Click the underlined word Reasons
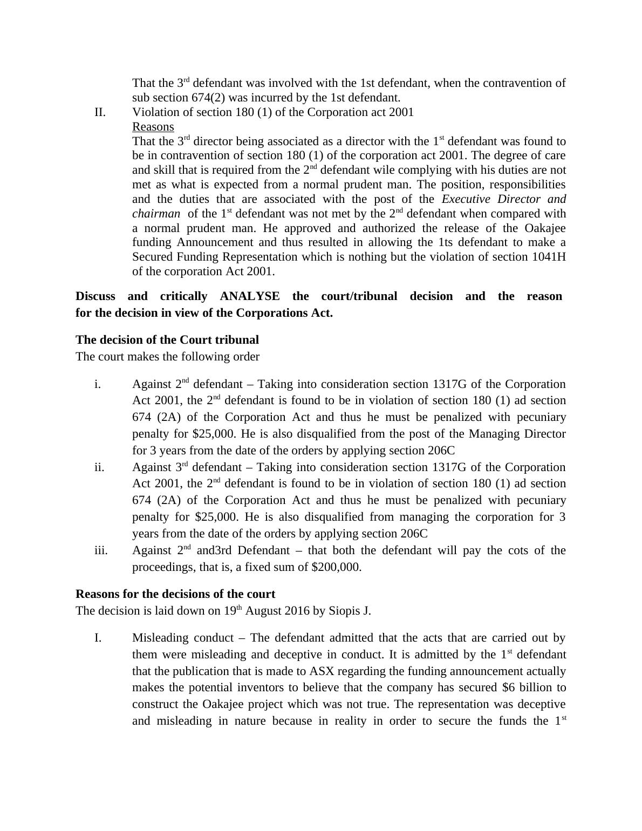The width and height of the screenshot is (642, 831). click(153, 127)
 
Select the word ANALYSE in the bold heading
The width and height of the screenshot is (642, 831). click(250, 296)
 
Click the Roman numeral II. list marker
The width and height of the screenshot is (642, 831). click(100, 112)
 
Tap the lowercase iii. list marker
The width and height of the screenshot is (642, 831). click(101, 550)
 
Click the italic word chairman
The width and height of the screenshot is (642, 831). click(156, 214)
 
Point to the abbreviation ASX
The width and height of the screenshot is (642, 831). click(323, 671)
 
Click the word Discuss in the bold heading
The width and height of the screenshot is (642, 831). click(95, 296)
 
